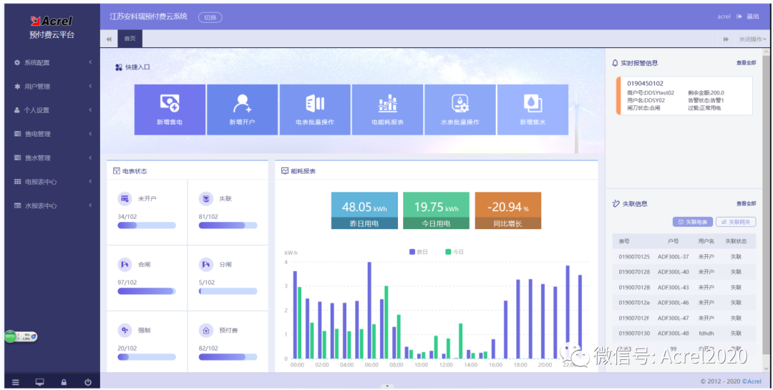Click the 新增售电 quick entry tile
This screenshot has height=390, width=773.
click(x=170, y=109)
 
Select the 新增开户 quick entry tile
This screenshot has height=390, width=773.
click(x=242, y=109)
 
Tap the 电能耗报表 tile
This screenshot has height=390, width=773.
click(x=387, y=109)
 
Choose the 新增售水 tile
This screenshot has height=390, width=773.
click(x=533, y=109)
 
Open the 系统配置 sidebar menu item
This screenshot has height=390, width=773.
click(x=37, y=63)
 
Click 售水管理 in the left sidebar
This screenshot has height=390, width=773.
click(x=37, y=158)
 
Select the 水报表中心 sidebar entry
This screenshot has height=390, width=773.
click(x=40, y=206)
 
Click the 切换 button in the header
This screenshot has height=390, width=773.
click(x=210, y=17)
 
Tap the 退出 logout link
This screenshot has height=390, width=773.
click(x=752, y=16)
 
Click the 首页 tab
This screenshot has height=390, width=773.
click(x=130, y=39)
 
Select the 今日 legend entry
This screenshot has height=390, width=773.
click(x=454, y=252)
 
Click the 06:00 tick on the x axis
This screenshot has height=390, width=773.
click(x=371, y=365)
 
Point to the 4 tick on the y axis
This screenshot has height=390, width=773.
click(x=286, y=263)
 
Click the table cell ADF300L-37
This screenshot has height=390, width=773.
click(x=673, y=257)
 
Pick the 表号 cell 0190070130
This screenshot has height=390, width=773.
click(x=634, y=333)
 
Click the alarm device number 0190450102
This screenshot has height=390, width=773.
click(x=646, y=84)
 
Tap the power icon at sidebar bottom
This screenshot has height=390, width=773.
click(x=87, y=382)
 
